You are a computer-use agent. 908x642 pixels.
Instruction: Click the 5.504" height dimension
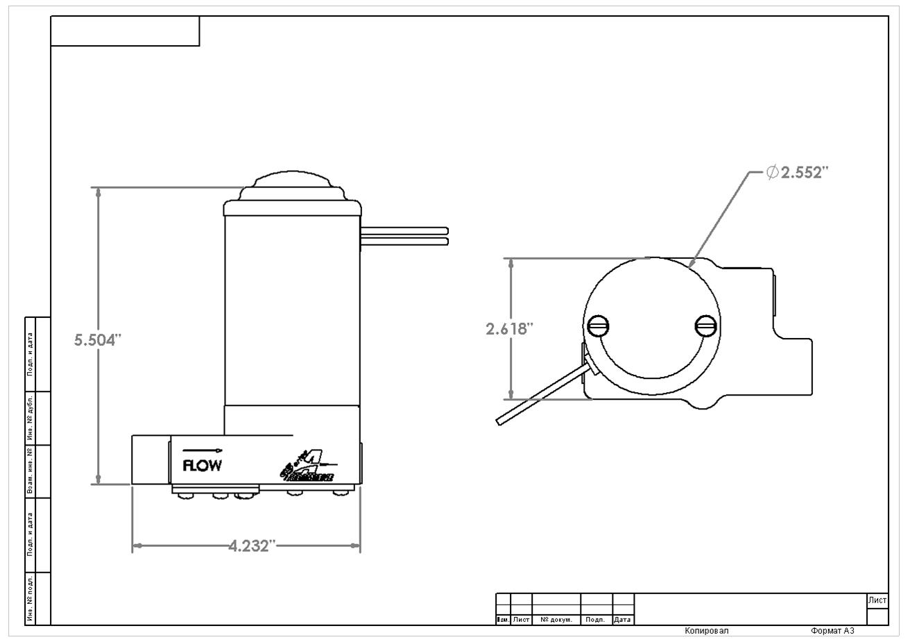pos(98,339)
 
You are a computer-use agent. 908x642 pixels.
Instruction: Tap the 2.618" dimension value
pos(509,329)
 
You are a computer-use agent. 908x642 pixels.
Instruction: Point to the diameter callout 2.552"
pos(798,172)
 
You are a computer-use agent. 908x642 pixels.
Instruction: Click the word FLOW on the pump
pos(202,465)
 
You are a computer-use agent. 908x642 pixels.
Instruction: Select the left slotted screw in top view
pos(598,325)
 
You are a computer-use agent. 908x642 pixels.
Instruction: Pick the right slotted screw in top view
pos(705,325)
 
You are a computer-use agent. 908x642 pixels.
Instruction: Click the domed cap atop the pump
pos(292,183)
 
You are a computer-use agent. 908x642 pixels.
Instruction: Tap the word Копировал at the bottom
pos(706,631)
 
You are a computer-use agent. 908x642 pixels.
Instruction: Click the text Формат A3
pos(832,631)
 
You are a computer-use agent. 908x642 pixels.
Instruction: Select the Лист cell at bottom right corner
pos(877,600)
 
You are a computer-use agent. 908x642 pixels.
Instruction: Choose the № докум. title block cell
pos(556,620)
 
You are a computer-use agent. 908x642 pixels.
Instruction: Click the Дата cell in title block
pos(622,620)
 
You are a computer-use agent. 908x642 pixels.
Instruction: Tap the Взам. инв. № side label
pos(30,471)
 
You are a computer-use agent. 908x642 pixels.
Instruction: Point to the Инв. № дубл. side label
pos(30,418)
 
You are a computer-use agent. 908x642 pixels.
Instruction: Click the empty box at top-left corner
pos(125,31)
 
